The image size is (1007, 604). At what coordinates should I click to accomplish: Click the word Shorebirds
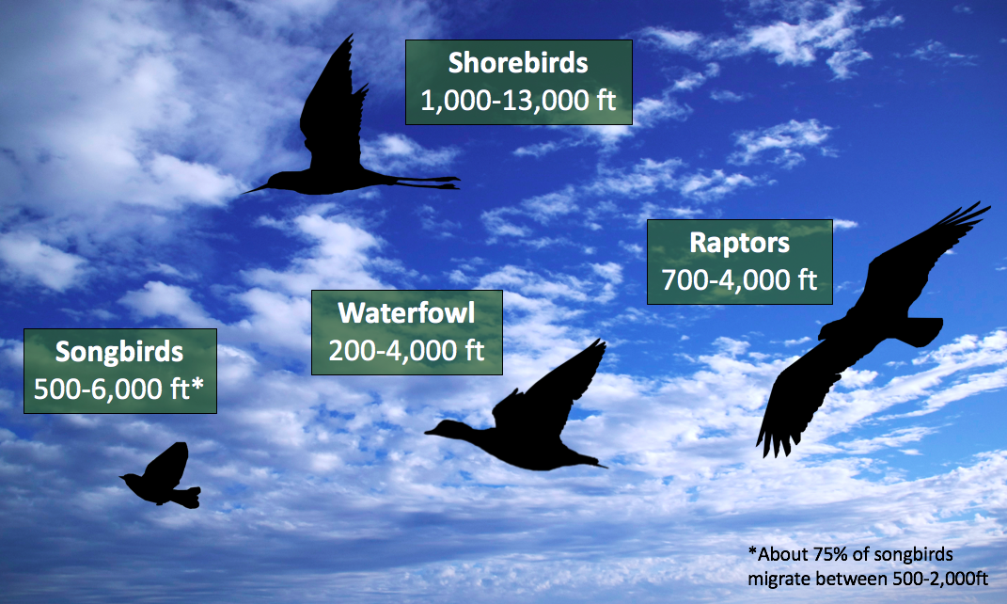click(518, 63)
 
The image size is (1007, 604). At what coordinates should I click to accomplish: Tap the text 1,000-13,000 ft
click(518, 101)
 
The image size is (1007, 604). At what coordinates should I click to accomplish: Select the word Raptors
click(739, 243)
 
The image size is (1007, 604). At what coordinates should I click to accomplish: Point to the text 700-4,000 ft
click(739, 280)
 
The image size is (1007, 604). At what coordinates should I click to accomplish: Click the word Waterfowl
click(406, 313)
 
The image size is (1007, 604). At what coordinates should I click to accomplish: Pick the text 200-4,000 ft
click(406, 350)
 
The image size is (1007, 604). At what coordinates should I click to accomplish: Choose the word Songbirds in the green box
click(119, 352)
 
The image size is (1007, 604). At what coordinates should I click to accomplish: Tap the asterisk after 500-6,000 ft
click(197, 384)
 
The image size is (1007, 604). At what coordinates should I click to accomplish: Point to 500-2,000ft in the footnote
click(940, 579)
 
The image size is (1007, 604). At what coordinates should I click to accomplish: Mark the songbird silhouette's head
click(132, 479)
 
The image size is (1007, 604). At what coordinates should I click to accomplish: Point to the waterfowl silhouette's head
click(443, 429)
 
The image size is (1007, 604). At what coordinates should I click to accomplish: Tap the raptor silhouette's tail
click(922, 331)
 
